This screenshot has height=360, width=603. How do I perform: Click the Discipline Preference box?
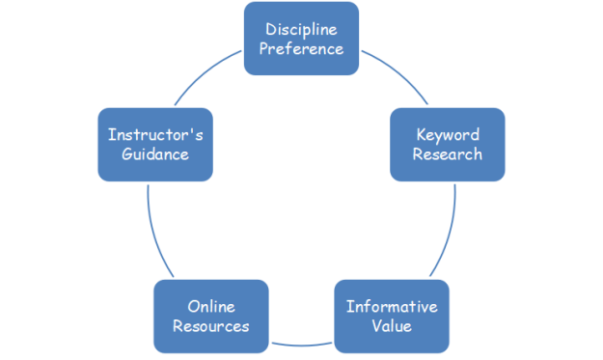coord(304,39)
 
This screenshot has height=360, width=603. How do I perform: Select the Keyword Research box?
coord(447,144)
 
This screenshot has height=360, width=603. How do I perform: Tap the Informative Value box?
coord(392,316)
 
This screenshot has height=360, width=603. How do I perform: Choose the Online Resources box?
coord(210,316)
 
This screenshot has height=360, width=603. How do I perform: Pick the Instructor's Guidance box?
coord(155,144)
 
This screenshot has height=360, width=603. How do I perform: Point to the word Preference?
coord(304,48)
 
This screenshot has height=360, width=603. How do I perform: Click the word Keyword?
coord(447,134)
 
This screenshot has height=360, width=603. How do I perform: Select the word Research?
coord(447,154)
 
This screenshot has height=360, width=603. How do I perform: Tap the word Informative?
coord(392,306)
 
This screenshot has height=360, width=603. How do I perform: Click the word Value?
coord(392,326)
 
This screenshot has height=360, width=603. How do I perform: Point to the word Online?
coord(210,306)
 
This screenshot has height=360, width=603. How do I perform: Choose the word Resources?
coord(210,326)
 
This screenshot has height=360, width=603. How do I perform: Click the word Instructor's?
coord(155,134)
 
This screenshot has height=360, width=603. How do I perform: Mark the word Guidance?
coord(155,154)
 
